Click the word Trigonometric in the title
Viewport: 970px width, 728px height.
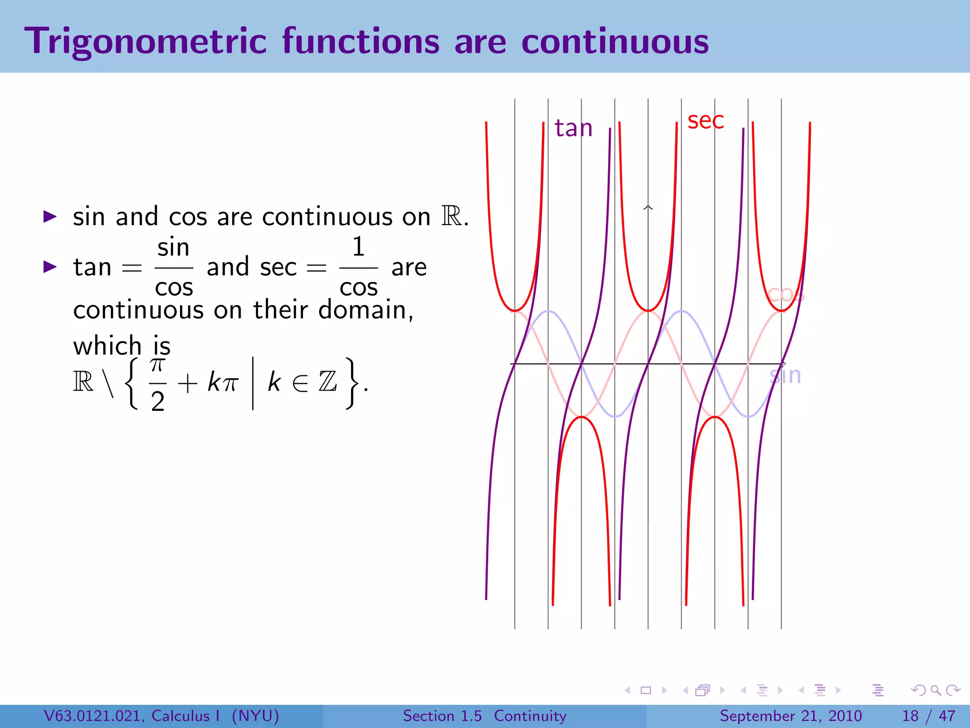[146, 42]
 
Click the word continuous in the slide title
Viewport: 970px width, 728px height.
[615, 42]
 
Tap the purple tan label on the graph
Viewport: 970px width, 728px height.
[574, 128]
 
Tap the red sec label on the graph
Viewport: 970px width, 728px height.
[706, 120]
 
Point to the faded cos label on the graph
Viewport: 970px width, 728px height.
[786, 294]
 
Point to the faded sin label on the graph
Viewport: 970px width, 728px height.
[785, 375]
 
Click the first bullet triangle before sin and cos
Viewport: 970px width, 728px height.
[50, 217]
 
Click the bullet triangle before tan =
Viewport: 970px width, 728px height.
[50, 267]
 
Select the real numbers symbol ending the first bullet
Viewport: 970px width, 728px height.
[451, 217]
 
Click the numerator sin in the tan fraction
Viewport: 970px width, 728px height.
[173, 247]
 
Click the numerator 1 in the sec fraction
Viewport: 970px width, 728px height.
[359, 247]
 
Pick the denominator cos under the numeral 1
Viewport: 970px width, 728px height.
[359, 287]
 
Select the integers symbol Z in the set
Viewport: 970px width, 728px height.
[328, 382]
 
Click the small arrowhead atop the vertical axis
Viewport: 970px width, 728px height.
[648, 208]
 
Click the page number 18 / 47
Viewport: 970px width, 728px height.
[928, 716]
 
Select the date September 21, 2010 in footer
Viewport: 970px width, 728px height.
[790, 716]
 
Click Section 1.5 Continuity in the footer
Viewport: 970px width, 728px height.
[485, 716]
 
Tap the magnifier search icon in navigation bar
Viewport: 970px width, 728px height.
[935, 690]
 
